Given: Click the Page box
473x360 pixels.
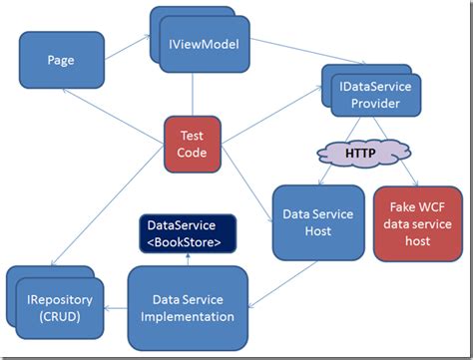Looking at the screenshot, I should click(61, 59).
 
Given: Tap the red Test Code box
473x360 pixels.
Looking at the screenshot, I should click(192, 144).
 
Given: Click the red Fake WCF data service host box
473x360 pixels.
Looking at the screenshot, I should click(417, 222).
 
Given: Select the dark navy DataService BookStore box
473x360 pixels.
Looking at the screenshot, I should click(188, 233).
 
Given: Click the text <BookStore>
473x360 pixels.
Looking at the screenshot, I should click(188, 241).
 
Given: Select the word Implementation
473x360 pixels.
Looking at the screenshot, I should click(189, 317).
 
